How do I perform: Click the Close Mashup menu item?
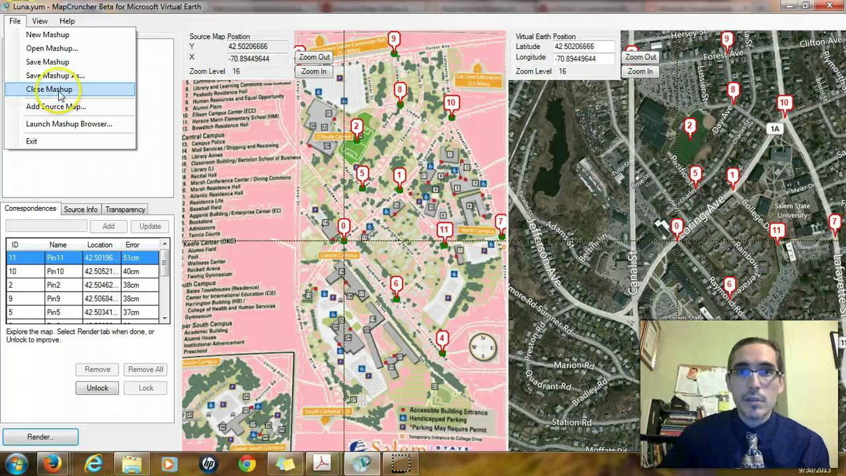[x=50, y=89]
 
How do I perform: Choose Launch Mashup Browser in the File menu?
[x=69, y=124]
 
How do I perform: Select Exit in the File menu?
[x=32, y=141]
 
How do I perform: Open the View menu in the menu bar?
[x=40, y=21]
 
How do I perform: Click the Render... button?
[x=40, y=437]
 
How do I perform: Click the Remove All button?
[x=145, y=370]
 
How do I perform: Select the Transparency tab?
[x=125, y=210]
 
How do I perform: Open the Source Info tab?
[x=80, y=210]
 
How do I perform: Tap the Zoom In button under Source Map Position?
[x=314, y=71]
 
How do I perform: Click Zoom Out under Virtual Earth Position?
[x=640, y=57]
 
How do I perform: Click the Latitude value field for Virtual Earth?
[x=583, y=47]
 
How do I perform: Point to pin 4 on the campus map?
[x=442, y=340]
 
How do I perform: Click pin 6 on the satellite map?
[x=729, y=286]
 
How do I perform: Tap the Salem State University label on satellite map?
[x=792, y=210]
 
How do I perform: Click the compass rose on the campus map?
[x=482, y=347]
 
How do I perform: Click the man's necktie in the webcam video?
[x=751, y=450]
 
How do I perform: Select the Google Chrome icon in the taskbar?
[x=247, y=464]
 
